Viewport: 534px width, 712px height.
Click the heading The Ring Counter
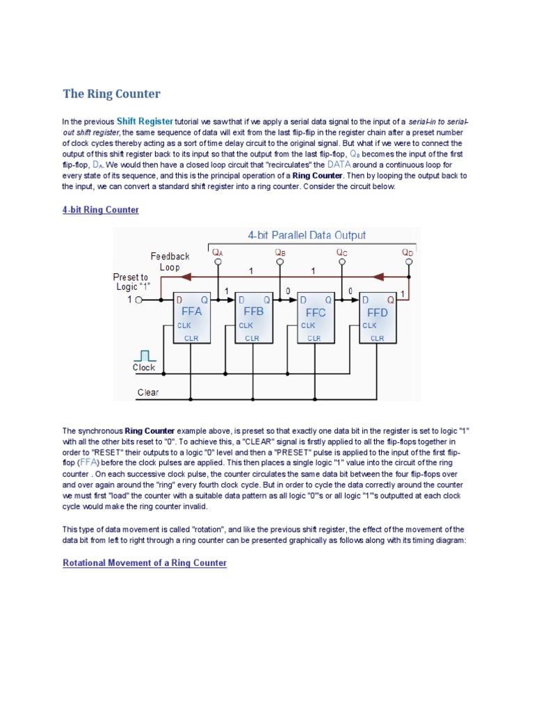[x=111, y=93]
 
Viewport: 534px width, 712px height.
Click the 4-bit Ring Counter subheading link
[x=101, y=209]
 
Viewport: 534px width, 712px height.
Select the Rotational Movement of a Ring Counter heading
[x=145, y=563]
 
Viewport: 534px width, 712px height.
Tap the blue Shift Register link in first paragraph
[x=145, y=121]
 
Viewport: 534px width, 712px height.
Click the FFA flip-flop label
[x=191, y=311]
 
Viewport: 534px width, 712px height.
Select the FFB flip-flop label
[x=254, y=311]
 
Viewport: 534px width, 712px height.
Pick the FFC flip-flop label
[x=316, y=312]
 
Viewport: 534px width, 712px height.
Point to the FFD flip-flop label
[x=378, y=312]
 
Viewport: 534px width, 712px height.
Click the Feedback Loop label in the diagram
[x=170, y=261]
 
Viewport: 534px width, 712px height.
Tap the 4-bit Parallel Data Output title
[x=307, y=236]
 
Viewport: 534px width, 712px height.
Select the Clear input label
[x=148, y=392]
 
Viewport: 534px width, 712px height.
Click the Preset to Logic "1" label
[x=131, y=282]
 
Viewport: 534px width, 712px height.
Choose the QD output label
[x=407, y=253]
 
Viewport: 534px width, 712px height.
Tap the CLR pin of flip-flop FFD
[x=377, y=338]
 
